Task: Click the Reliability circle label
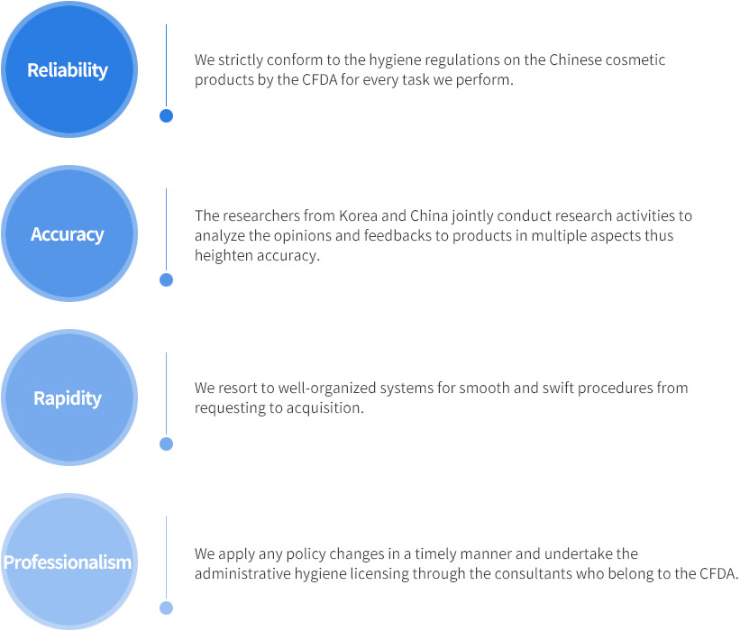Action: click(x=68, y=70)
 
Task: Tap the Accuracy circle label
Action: click(x=68, y=234)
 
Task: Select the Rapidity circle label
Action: click(x=68, y=398)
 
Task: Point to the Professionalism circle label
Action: click(x=68, y=562)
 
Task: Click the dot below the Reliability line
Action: click(x=166, y=115)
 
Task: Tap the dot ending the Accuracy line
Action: click(x=166, y=279)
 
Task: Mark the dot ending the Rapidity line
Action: click(x=166, y=444)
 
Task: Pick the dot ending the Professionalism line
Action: click(x=166, y=608)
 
